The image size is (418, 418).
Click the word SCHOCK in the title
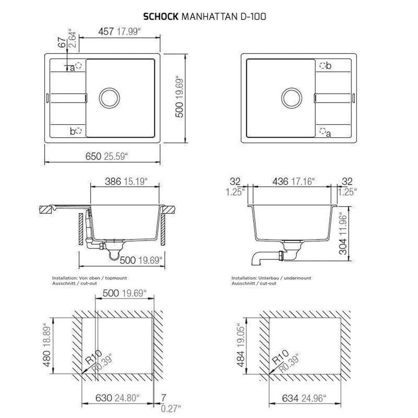point(161,17)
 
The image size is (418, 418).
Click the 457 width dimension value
point(106,31)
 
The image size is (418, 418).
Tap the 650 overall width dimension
point(93,156)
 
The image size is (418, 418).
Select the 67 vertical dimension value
point(62,42)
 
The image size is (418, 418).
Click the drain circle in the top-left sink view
point(109,98)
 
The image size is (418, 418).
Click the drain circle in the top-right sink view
point(292,98)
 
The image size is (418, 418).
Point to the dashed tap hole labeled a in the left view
point(79,66)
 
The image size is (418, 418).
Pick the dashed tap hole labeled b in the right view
point(323,65)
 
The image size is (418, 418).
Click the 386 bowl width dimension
point(113,181)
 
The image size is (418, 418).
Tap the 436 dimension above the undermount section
point(280,181)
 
